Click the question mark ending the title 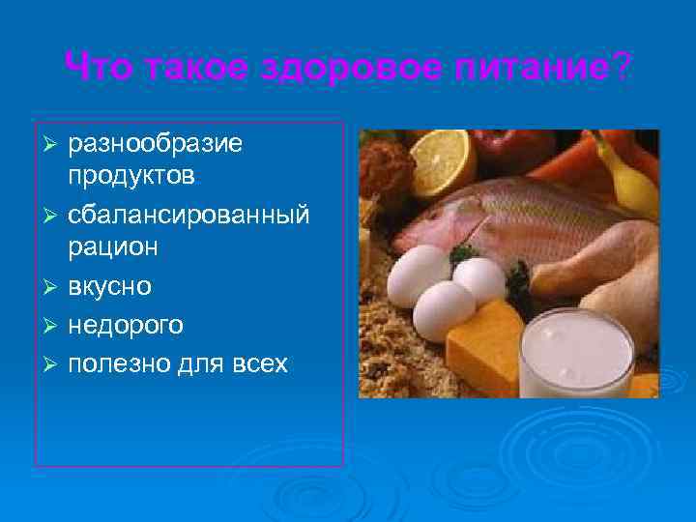pos(623,68)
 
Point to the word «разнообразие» pos(155,145)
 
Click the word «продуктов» pos(131,176)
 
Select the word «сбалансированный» pos(188,215)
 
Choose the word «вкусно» pos(109,287)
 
